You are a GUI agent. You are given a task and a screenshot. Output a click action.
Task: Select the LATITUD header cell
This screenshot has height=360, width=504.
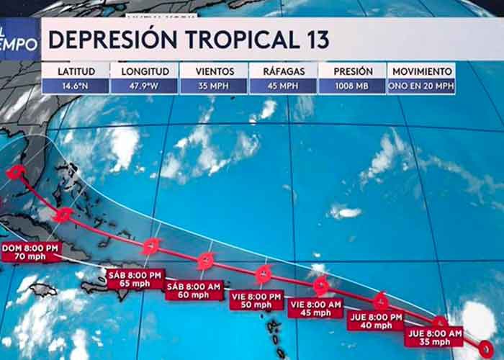point(74,71)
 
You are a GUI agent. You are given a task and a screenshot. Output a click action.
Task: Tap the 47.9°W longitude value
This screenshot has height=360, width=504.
point(144,86)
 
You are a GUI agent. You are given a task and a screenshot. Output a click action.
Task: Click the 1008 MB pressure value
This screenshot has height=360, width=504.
point(353,86)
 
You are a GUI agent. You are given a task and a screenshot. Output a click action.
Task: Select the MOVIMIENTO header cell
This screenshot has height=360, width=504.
point(422,71)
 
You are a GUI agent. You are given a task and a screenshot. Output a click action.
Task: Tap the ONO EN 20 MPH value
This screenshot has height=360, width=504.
point(422,86)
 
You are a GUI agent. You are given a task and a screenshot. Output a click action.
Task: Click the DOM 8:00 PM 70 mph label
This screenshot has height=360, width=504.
point(30,252)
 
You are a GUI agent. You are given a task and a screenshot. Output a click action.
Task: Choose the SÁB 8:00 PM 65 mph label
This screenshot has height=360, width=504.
point(135,279)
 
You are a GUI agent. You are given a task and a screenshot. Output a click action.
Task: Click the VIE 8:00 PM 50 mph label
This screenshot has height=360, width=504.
point(256,300)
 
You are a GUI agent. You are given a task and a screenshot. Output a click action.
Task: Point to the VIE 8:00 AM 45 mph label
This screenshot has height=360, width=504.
point(315,308)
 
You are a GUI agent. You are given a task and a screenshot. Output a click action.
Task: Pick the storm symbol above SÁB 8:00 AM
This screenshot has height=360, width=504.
point(206,260)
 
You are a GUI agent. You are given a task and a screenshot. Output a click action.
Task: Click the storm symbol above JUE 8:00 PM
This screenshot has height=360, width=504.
point(381,301)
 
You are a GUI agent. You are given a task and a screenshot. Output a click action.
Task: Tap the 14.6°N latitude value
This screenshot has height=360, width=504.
point(74,86)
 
